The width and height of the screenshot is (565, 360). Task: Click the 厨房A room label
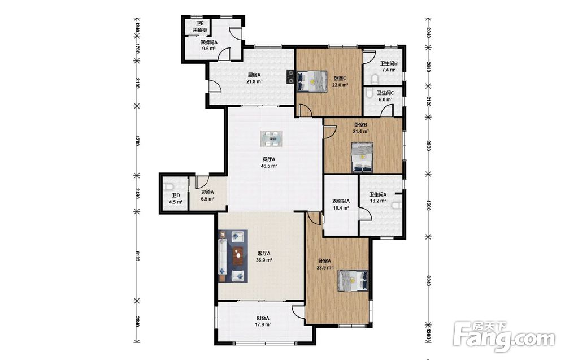pyautogui.click(x=254, y=75)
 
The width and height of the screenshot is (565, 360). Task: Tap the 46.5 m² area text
pyautogui.click(x=269, y=166)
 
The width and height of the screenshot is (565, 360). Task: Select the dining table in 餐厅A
pyautogui.click(x=271, y=138)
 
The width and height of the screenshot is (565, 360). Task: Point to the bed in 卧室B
pyautogui.click(x=362, y=158)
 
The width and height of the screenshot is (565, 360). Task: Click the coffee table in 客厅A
pyautogui.click(x=238, y=255)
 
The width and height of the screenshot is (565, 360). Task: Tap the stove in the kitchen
pyautogui.click(x=290, y=76)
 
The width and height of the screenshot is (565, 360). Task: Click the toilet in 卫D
pyautogui.click(x=168, y=187)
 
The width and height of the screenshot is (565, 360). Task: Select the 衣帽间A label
pyautogui.click(x=341, y=201)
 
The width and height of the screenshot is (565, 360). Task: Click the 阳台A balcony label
pyautogui.click(x=263, y=318)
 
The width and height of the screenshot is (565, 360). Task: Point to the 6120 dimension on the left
pyautogui.click(x=137, y=256)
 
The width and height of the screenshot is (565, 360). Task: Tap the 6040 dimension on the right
pyautogui.click(x=428, y=281)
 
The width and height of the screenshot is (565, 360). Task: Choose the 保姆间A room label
pyautogui.click(x=208, y=42)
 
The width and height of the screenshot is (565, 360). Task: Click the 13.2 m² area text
pyautogui.click(x=378, y=201)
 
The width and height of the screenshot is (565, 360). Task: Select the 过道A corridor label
pyautogui.click(x=207, y=192)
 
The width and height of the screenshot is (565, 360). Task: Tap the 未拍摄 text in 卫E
pyautogui.click(x=200, y=30)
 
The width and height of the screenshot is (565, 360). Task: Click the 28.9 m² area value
pyautogui.click(x=324, y=268)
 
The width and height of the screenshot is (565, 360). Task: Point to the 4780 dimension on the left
pyautogui.click(x=137, y=141)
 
